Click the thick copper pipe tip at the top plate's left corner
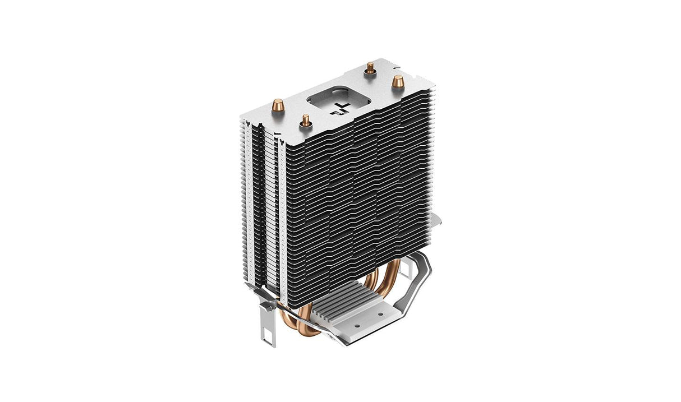tap(278, 105)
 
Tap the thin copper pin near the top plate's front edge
tap(306, 119)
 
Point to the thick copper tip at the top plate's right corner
tap(397, 81)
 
